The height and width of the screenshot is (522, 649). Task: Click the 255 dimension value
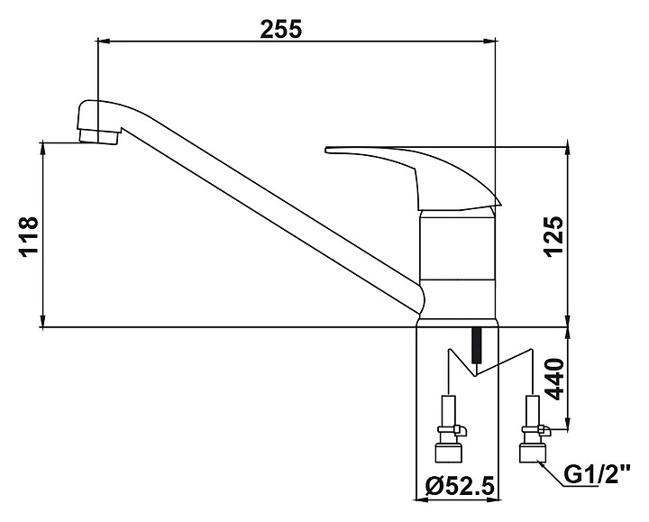coord(281,29)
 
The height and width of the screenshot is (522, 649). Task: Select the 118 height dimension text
coord(29,237)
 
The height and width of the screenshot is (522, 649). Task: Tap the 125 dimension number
coord(554,236)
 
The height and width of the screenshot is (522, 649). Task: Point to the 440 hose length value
coord(554,380)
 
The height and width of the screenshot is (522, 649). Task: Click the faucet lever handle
coord(414,177)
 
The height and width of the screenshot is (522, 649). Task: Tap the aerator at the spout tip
coord(99,136)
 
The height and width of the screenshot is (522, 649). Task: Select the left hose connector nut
coord(449,453)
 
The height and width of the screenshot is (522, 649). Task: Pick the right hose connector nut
coord(533,453)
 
